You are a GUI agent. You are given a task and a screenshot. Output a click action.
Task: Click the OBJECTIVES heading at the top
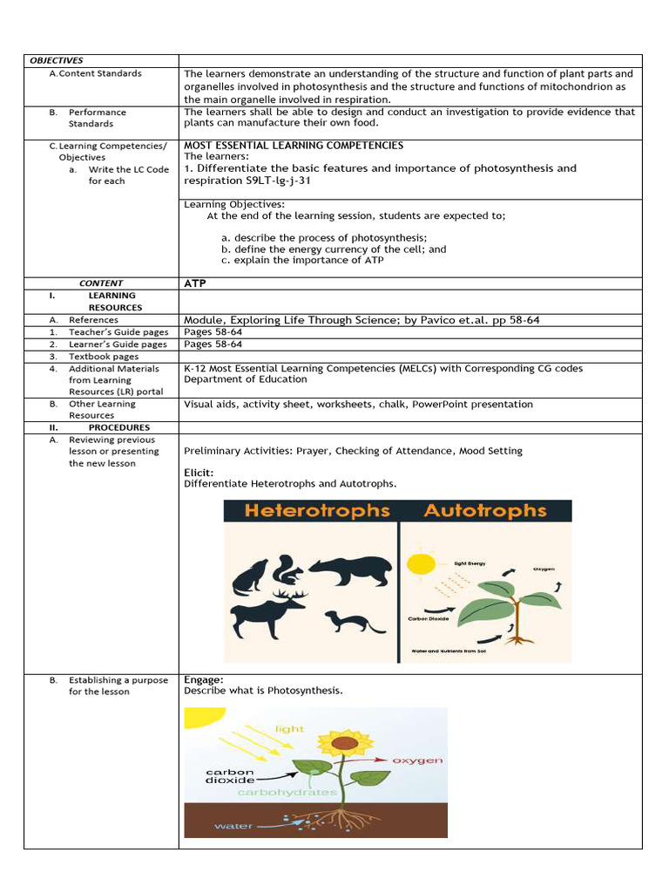[57, 60]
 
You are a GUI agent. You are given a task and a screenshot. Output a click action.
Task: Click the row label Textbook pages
[103, 357]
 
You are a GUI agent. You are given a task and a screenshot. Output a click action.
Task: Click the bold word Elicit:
[199, 473]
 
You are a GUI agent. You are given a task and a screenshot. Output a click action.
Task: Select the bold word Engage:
[204, 679]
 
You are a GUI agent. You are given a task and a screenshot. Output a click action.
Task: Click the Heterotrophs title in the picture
[317, 511]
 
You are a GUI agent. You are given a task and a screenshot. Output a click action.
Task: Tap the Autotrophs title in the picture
[485, 511]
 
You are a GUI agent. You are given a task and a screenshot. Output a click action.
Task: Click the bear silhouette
[350, 570]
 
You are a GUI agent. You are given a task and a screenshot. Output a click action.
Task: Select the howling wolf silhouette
[251, 576]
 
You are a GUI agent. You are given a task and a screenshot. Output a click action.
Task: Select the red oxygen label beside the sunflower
[417, 760]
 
